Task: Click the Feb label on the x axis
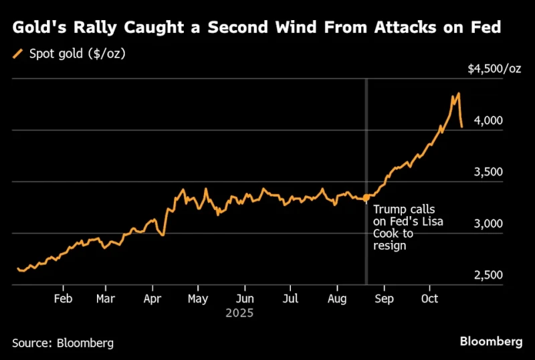[63, 298]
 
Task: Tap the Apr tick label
[153, 298]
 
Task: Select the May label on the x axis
[198, 298]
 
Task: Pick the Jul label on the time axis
[290, 298]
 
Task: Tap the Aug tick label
[337, 298]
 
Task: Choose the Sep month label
[384, 298]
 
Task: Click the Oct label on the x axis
[430, 298]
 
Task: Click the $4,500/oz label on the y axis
[494, 70]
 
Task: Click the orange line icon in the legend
[18, 54]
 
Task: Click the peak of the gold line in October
[458, 94]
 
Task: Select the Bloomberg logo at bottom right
[491, 341]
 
